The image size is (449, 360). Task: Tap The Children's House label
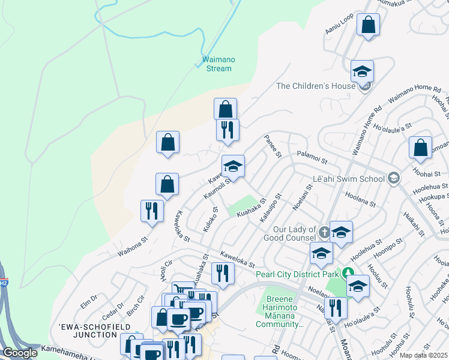tap(315, 86)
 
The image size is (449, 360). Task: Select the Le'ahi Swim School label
tap(349, 179)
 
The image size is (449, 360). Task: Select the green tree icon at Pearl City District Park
tap(348, 275)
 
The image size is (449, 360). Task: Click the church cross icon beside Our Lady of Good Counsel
tap(324, 232)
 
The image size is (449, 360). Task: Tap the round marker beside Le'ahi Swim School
tap(393, 178)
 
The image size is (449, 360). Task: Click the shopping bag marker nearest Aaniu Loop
tap(368, 25)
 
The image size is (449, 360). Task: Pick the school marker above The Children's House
tap(362, 72)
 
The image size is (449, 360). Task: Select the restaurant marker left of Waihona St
tap(151, 211)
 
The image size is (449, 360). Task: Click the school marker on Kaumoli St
tap(233, 166)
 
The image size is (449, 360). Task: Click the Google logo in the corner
tap(20, 353)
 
